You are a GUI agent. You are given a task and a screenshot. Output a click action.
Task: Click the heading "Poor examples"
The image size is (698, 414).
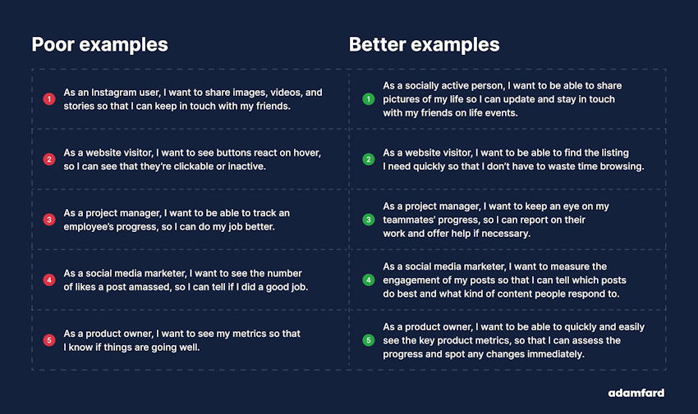(99, 44)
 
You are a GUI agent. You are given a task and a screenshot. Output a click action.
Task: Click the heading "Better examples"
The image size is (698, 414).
(424, 44)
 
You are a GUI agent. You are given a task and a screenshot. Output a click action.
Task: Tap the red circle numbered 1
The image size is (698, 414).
(49, 99)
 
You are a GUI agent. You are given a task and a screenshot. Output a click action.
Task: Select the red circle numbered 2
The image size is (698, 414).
(49, 159)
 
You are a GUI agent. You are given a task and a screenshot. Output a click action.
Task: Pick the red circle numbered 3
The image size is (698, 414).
(49, 220)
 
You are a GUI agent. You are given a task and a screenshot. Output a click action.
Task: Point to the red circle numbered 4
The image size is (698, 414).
(49, 280)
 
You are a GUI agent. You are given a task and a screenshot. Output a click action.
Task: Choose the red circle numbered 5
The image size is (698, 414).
(49, 339)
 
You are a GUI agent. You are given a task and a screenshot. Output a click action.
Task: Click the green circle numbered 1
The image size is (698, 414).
(368, 99)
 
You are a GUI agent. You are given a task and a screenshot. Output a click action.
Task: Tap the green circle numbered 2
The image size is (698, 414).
(368, 159)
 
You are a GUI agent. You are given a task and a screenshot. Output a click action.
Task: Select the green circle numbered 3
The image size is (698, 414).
(368, 220)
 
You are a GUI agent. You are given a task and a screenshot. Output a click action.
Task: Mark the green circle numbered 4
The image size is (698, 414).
(368, 280)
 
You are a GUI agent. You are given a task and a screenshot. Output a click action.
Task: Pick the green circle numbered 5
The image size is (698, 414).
(368, 339)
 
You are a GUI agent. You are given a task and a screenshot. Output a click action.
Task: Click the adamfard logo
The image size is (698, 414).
(636, 393)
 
